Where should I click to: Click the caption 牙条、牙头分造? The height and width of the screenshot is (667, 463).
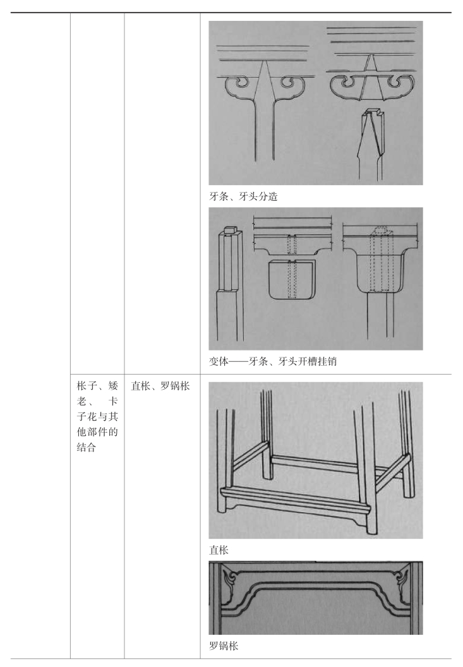click(x=243, y=196)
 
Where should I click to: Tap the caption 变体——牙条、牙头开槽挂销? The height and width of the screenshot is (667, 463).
click(x=273, y=361)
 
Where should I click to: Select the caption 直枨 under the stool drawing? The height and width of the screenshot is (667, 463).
click(x=219, y=550)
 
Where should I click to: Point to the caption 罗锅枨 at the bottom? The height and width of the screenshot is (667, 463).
click(x=224, y=646)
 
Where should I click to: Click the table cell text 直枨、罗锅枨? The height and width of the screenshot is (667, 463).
click(x=160, y=386)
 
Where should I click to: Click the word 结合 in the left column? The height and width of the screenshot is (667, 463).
click(x=86, y=447)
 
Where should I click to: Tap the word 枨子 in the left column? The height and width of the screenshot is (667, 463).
click(x=87, y=386)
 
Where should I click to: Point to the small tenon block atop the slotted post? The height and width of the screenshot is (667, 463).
click(x=231, y=230)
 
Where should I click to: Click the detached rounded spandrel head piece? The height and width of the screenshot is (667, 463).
click(x=292, y=279)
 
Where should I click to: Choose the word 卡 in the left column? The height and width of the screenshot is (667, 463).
click(x=113, y=401)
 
